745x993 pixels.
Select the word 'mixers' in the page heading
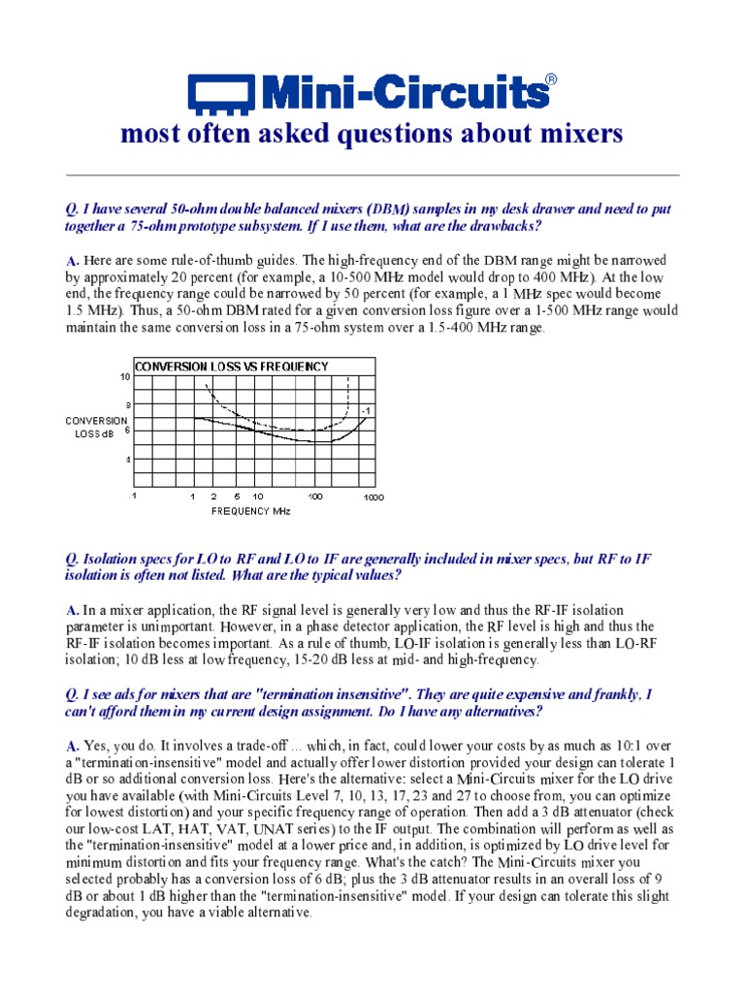pos(583,135)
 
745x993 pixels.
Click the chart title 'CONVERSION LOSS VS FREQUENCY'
pos(231,367)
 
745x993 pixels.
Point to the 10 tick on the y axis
pos(124,375)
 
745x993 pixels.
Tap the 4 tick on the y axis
pos(126,459)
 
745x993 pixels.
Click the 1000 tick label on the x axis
pos(373,497)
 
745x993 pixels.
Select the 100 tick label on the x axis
pos(315,496)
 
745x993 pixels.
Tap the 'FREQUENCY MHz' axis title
pos(251,510)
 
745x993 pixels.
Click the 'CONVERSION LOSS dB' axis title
pos(96,427)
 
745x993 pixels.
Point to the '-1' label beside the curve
pos(366,412)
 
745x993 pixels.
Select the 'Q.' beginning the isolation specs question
pos(72,559)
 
